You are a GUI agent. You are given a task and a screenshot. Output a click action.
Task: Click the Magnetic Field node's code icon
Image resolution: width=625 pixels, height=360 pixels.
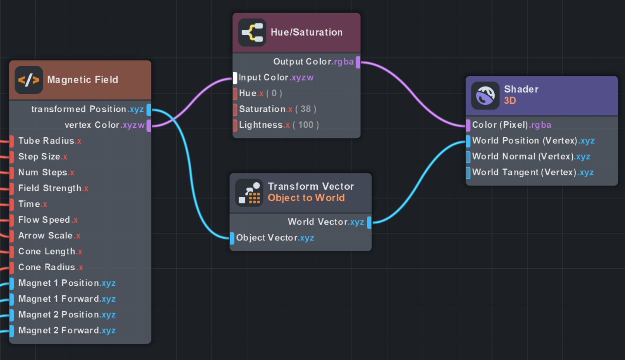coord(29,80)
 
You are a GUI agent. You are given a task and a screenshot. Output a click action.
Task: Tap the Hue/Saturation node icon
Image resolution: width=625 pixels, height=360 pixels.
coord(252,32)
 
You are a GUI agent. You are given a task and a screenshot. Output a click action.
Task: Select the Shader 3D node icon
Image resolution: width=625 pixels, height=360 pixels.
coord(485,95)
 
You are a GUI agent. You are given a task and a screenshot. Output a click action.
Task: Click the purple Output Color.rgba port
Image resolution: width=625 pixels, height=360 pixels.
coord(358,62)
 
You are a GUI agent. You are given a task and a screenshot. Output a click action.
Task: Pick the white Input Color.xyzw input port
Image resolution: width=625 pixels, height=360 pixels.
coord(235,78)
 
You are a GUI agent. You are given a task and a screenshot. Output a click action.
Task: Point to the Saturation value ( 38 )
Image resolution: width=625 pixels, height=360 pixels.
coord(305,109)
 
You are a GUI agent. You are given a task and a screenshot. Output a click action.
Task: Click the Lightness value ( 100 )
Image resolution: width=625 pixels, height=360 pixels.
coord(306,125)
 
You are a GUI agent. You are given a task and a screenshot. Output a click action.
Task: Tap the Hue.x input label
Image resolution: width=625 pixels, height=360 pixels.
coord(251,93)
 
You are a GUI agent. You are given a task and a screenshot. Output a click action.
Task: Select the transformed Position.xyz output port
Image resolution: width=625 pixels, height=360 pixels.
coord(148,109)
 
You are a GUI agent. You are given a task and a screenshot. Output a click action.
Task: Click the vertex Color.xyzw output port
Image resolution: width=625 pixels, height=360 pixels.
coord(148,125)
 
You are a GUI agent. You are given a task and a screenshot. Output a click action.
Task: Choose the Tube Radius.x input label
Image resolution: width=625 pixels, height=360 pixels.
coord(50,141)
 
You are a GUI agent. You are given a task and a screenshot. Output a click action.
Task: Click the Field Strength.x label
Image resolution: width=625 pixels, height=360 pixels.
coord(53,189)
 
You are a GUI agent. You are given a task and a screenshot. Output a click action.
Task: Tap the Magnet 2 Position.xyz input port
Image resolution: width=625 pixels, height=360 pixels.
coord(12,315)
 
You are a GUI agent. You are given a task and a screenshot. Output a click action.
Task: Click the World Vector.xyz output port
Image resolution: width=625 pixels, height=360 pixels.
coord(369,222)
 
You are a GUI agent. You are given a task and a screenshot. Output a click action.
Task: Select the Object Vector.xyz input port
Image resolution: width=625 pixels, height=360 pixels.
coord(232,238)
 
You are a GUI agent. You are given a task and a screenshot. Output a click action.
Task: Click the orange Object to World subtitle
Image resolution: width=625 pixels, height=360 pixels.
coord(306,198)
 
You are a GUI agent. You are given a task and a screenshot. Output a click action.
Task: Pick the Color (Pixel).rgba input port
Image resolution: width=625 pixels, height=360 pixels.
coord(468,125)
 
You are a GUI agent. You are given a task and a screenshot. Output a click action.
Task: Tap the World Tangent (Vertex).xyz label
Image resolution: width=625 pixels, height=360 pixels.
coord(533,173)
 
